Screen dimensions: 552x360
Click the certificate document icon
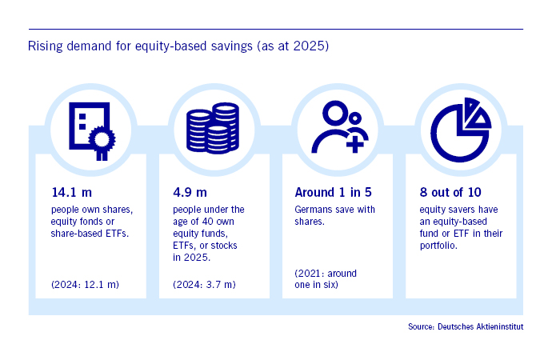[x=91, y=131]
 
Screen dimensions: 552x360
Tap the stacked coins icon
[x=213, y=128]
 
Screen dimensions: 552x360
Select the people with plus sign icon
[x=339, y=127]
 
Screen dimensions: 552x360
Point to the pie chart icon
[x=461, y=130]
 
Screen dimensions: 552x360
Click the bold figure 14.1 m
[x=71, y=193]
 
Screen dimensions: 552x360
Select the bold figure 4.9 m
[x=190, y=193]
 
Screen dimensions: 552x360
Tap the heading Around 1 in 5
[x=333, y=193]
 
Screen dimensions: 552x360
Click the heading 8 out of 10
[x=450, y=193]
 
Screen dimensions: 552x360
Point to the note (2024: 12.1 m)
[x=85, y=284]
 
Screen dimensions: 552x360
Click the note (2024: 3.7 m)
[x=204, y=284]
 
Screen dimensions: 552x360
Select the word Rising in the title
[x=46, y=46]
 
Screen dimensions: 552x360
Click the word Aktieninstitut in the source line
[x=499, y=326]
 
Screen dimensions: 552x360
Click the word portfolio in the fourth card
[x=438, y=246]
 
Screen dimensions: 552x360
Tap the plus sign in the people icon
[x=355, y=144]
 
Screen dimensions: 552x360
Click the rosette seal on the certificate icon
[x=102, y=139]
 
